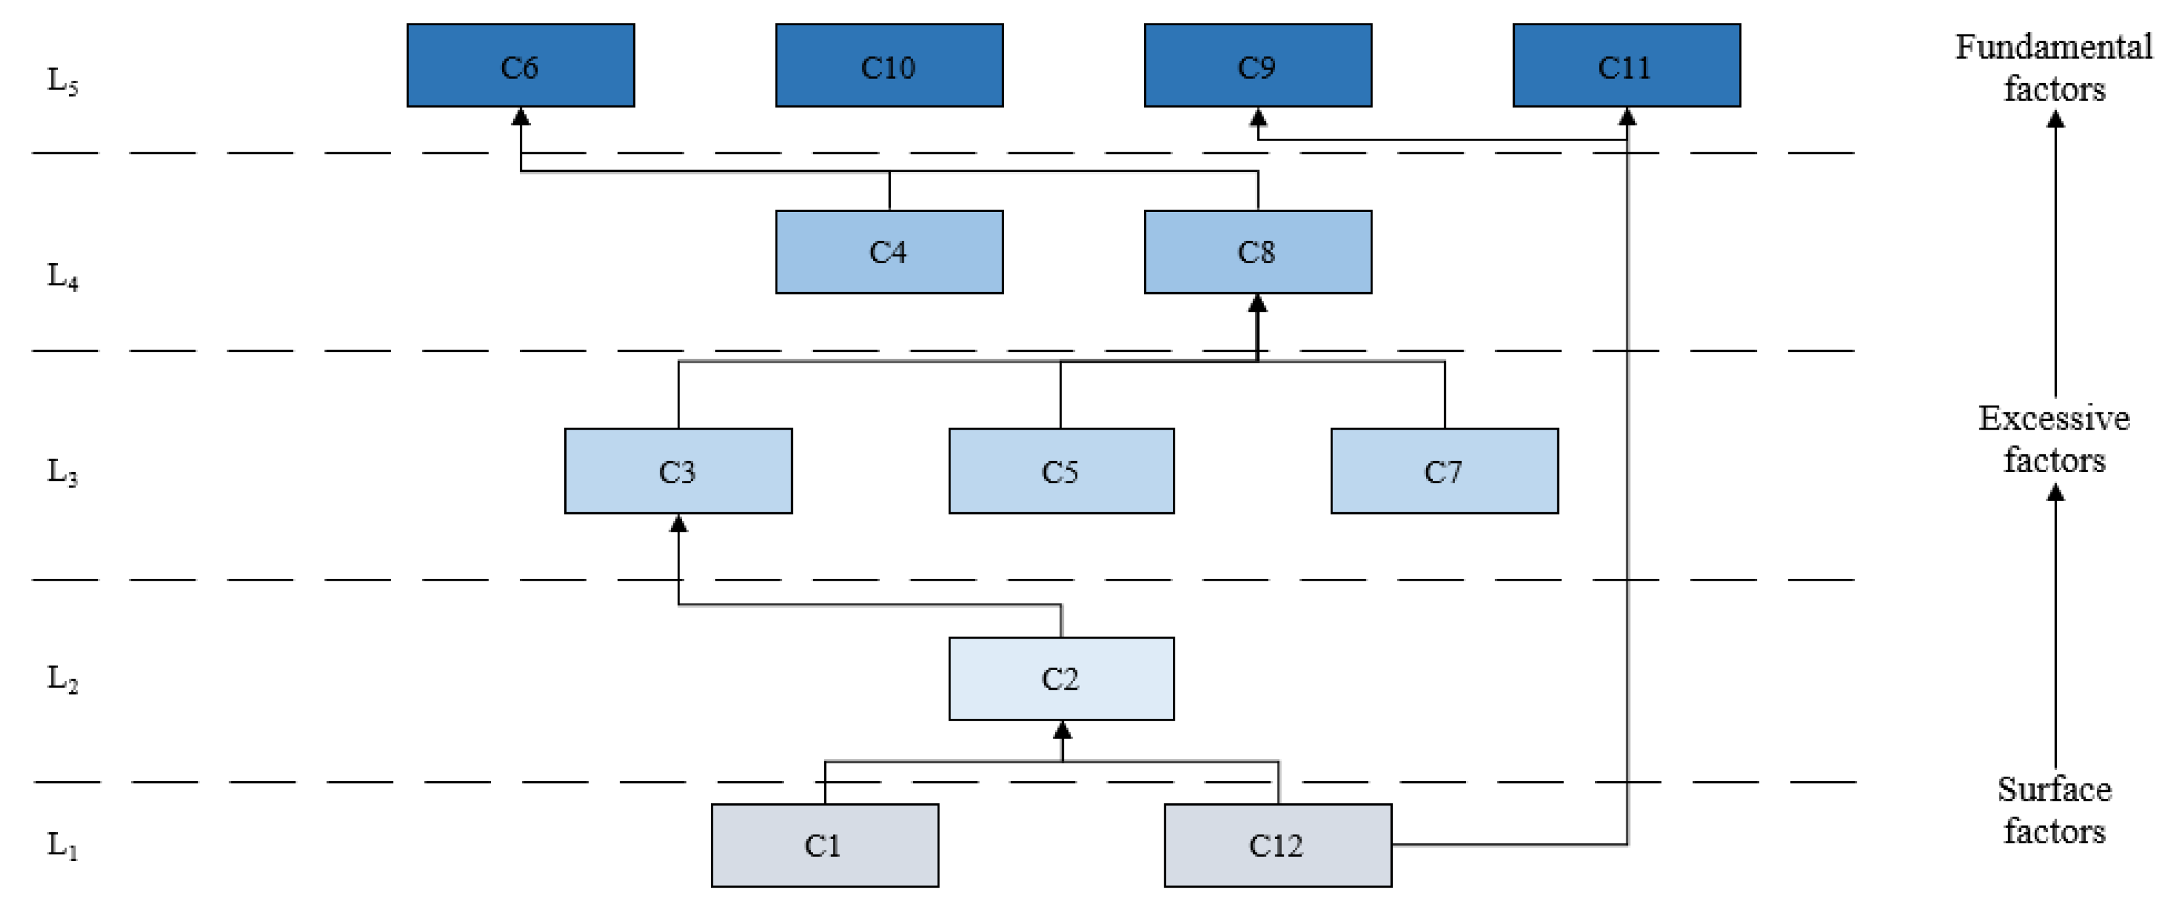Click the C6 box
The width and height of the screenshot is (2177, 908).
click(521, 66)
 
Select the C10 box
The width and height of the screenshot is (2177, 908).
click(889, 66)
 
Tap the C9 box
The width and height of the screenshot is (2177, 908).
click(1257, 66)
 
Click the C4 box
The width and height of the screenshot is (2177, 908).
click(889, 252)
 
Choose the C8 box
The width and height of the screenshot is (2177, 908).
click(1257, 252)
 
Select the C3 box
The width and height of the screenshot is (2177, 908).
click(678, 471)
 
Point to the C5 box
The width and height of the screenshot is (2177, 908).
click(1061, 471)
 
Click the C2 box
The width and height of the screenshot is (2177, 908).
click(1061, 679)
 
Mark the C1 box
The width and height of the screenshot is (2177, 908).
click(824, 846)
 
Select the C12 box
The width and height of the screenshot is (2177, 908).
click(1277, 846)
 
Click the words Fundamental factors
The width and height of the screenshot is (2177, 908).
click(2054, 68)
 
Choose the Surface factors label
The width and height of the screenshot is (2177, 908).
click(2054, 810)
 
